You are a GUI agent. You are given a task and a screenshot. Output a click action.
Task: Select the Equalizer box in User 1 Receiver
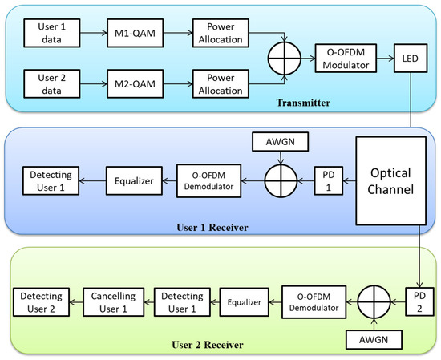pyautogui.click(x=133, y=180)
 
